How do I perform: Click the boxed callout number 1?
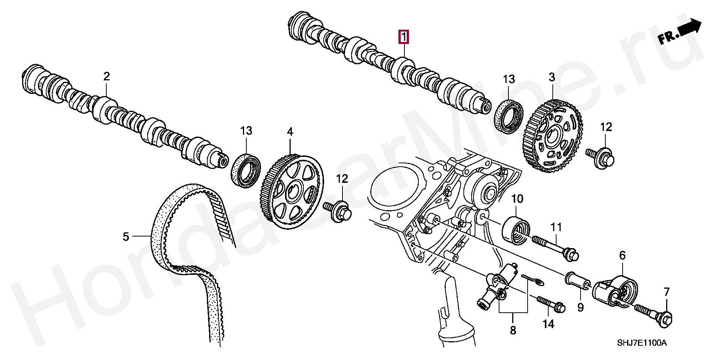404,37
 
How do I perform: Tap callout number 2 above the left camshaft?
107,77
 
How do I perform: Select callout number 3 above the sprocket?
552,77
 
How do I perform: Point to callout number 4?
290,132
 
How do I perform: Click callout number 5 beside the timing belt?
126,237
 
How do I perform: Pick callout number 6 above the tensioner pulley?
622,256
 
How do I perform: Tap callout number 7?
667,292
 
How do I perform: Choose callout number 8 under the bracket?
513,330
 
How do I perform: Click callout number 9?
581,308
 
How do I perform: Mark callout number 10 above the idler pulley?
517,199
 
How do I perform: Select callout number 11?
556,227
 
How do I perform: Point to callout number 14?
548,324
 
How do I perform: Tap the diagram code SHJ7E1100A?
642,343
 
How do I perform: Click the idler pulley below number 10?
516,230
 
